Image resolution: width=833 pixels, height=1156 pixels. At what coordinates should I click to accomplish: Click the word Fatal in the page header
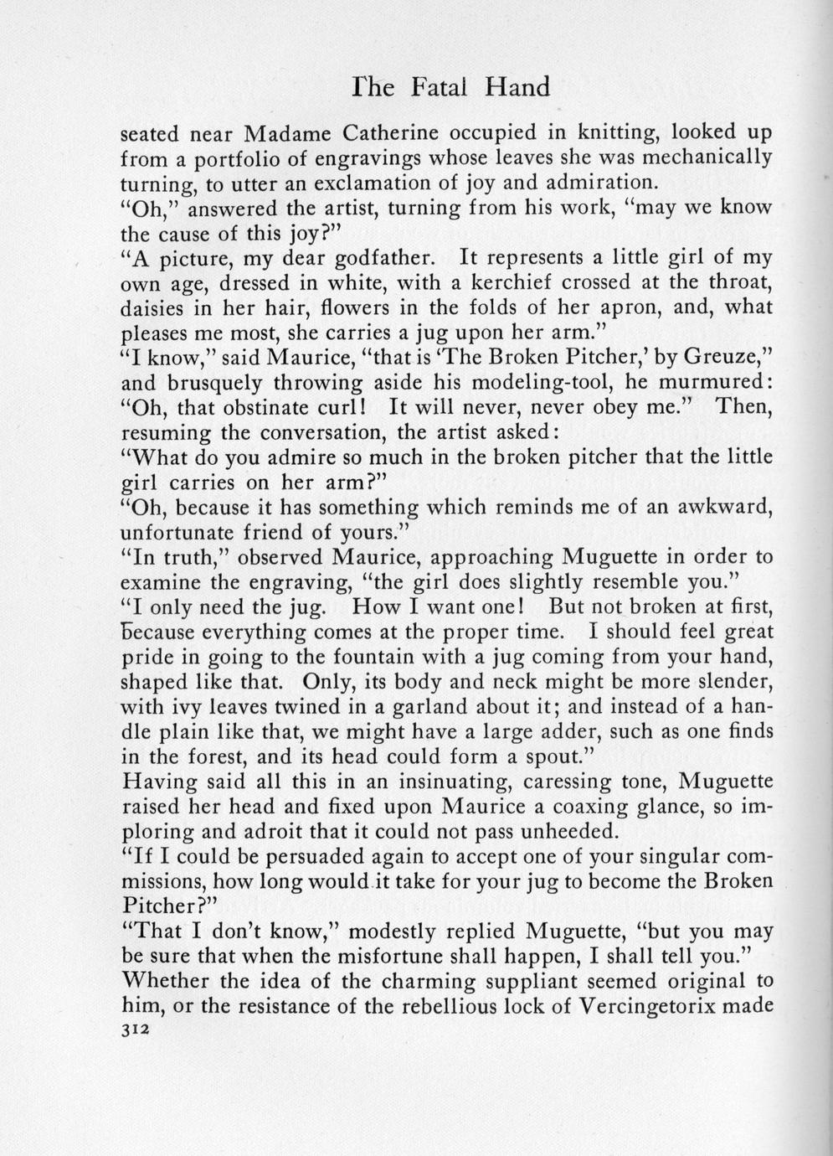pyautogui.click(x=444, y=87)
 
